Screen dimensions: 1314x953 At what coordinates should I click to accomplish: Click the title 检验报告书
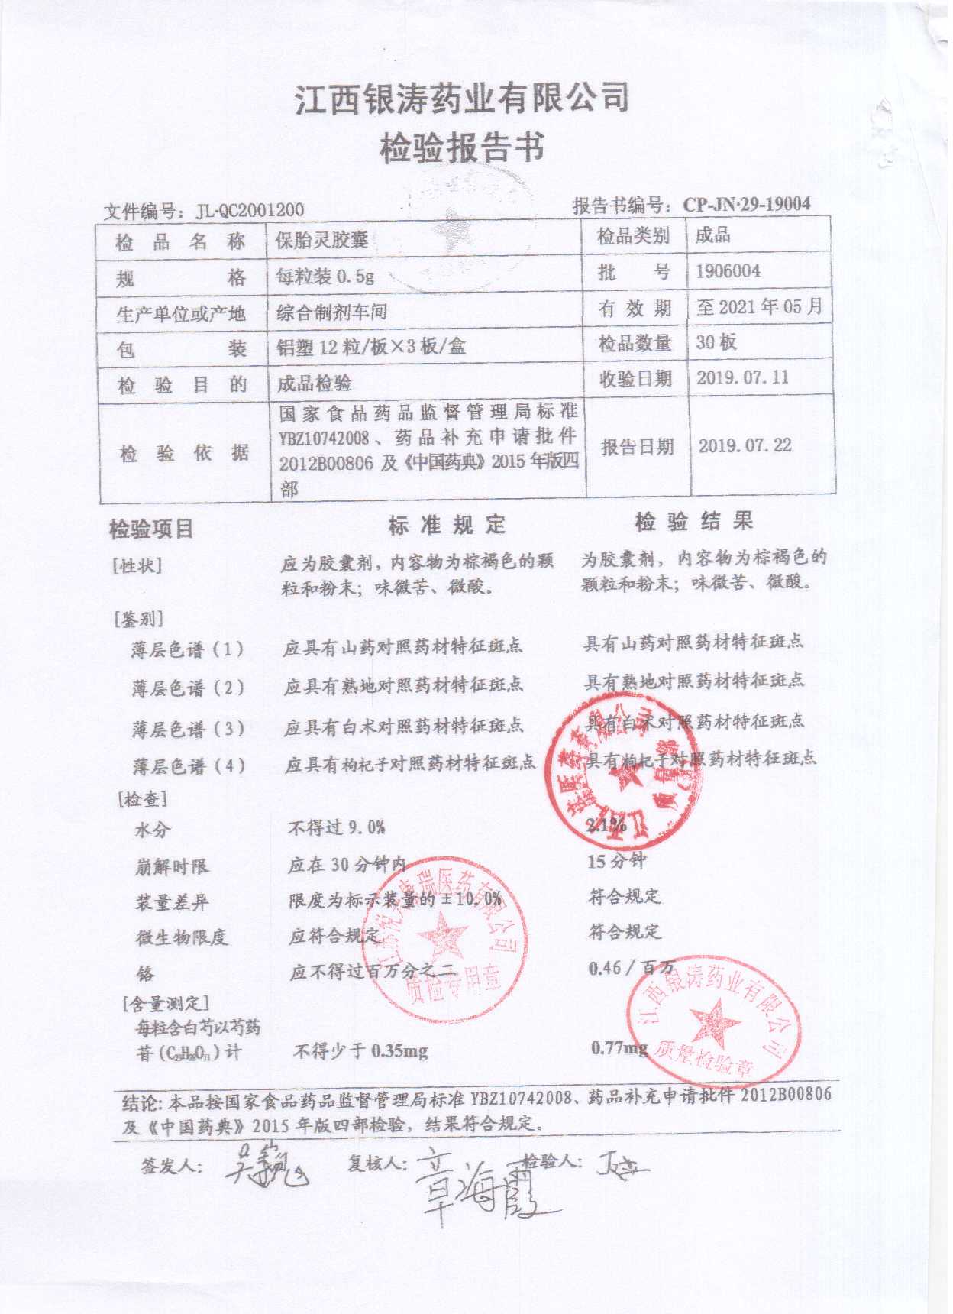tap(464, 147)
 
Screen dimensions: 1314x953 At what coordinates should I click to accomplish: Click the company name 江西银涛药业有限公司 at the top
tap(463, 99)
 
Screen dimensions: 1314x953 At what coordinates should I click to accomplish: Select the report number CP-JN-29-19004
tap(746, 204)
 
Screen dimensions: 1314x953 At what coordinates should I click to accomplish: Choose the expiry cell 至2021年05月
tap(759, 307)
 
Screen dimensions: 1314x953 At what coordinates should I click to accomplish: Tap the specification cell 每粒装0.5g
tap(325, 277)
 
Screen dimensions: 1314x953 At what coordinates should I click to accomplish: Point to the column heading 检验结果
tap(694, 523)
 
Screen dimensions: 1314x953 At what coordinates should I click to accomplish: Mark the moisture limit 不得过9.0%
tap(337, 827)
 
